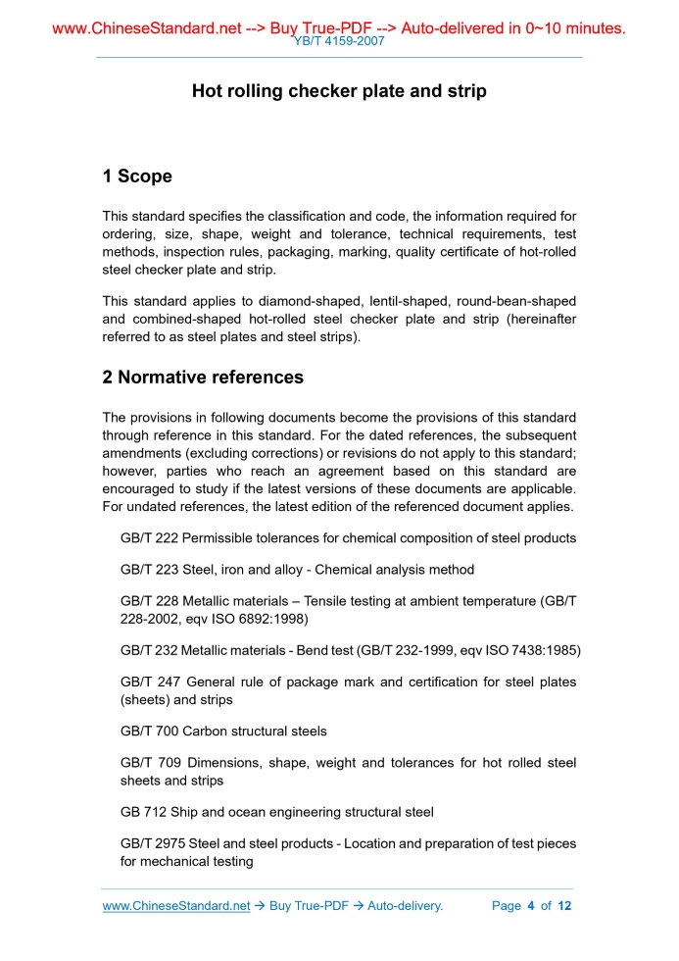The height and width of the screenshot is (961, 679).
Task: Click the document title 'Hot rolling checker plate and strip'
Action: tap(339, 91)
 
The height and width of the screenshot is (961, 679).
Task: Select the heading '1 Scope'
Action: tap(137, 177)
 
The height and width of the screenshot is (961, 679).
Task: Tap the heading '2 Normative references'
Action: tap(203, 378)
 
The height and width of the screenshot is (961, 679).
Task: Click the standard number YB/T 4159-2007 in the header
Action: tap(339, 42)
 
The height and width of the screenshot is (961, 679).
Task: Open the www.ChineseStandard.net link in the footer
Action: tap(176, 906)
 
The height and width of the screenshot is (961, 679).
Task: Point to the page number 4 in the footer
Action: tap(530, 906)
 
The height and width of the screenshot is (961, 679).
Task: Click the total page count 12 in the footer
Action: tap(564, 906)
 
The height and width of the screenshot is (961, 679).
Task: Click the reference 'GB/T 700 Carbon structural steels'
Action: tap(223, 732)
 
